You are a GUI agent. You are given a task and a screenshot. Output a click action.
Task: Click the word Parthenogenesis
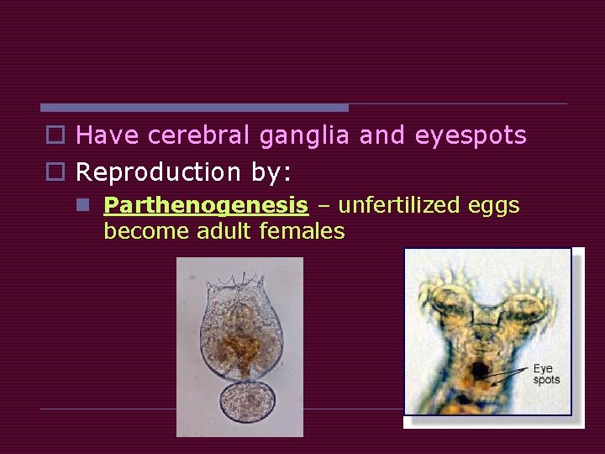click(205, 205)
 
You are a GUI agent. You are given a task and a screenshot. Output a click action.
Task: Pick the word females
click(305, 231)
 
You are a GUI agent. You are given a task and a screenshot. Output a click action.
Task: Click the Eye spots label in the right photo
click(546, 374)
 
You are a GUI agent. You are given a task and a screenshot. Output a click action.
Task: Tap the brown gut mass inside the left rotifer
click(242, 345)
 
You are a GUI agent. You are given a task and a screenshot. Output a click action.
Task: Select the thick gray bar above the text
click(193, 108)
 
